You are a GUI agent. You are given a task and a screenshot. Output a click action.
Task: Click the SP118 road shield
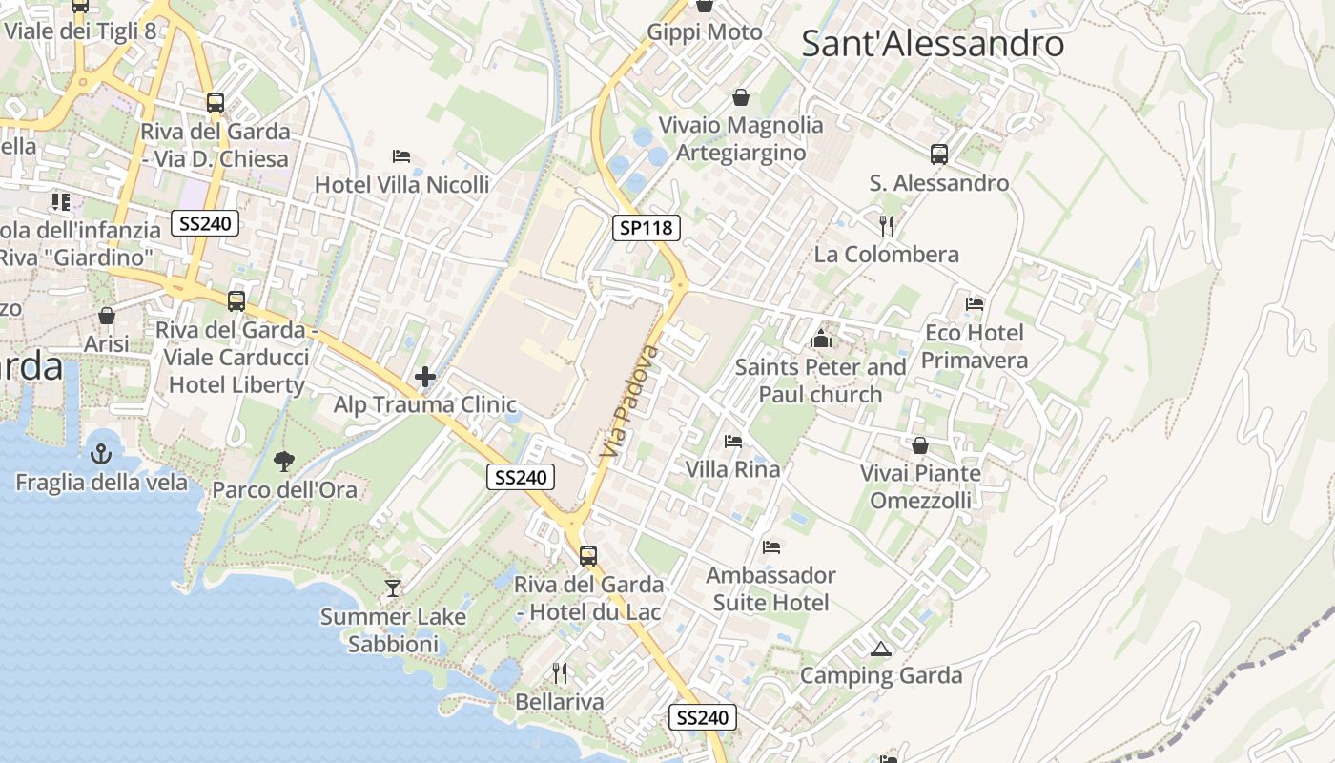tap(646, 227)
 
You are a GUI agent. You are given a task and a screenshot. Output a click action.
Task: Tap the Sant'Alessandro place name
tap(932, 44)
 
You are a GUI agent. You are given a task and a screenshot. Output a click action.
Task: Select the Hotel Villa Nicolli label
tap(401, 184)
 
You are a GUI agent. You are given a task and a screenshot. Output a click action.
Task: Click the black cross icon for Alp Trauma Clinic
tap(425, 378)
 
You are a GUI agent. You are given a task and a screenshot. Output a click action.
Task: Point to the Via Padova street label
tap(630, 405)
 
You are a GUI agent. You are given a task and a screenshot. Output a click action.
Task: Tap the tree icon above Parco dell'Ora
tap(283, 462)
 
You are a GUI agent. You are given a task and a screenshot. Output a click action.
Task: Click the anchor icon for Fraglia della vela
tap(101, 454)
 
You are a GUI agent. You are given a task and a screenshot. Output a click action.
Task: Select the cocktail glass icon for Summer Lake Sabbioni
tap(393, 588)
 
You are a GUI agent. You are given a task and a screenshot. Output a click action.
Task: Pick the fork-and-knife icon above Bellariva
tap(560, 673)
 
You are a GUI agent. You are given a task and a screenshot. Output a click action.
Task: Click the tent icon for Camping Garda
tap(881, 649)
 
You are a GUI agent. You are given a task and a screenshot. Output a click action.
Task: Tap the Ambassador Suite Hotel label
tap(770, 588)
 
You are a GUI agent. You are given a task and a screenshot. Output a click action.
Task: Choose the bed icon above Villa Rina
tap(732, 441)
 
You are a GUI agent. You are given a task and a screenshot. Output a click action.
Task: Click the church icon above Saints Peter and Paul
tap(820, 339)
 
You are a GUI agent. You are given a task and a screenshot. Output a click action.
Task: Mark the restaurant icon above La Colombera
tap(887, 225)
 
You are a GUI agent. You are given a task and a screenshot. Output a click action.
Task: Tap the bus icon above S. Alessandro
tap(939, 154)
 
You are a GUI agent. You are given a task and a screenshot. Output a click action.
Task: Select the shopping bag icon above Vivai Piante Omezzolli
tap(920, 445)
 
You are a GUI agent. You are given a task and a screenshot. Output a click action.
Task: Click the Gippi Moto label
tap(705, 31)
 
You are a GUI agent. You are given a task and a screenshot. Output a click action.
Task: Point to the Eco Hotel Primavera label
tap(974, 346)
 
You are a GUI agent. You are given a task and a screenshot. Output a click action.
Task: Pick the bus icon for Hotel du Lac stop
tap(588, 555)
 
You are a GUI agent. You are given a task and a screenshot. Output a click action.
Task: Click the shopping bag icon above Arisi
tap(107, 315)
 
